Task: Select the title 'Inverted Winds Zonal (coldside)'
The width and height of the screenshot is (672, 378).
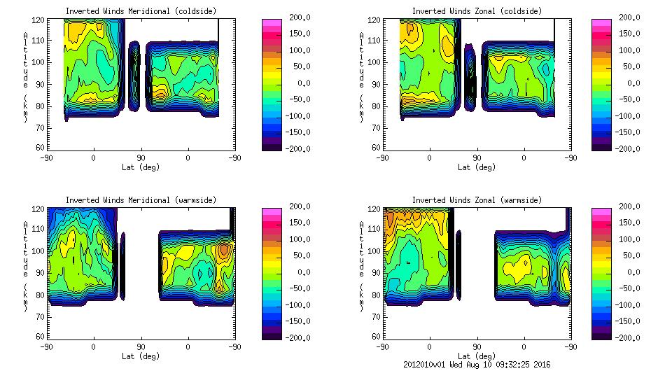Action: coord(477,11)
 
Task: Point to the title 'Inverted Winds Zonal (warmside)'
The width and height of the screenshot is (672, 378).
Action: coord(477,200)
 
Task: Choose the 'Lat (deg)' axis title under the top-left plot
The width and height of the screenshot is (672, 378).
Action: coord(141,167)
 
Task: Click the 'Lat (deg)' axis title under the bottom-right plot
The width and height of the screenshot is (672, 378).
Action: coord(477,356)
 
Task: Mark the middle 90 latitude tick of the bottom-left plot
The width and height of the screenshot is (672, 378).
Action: coord(141,346)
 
